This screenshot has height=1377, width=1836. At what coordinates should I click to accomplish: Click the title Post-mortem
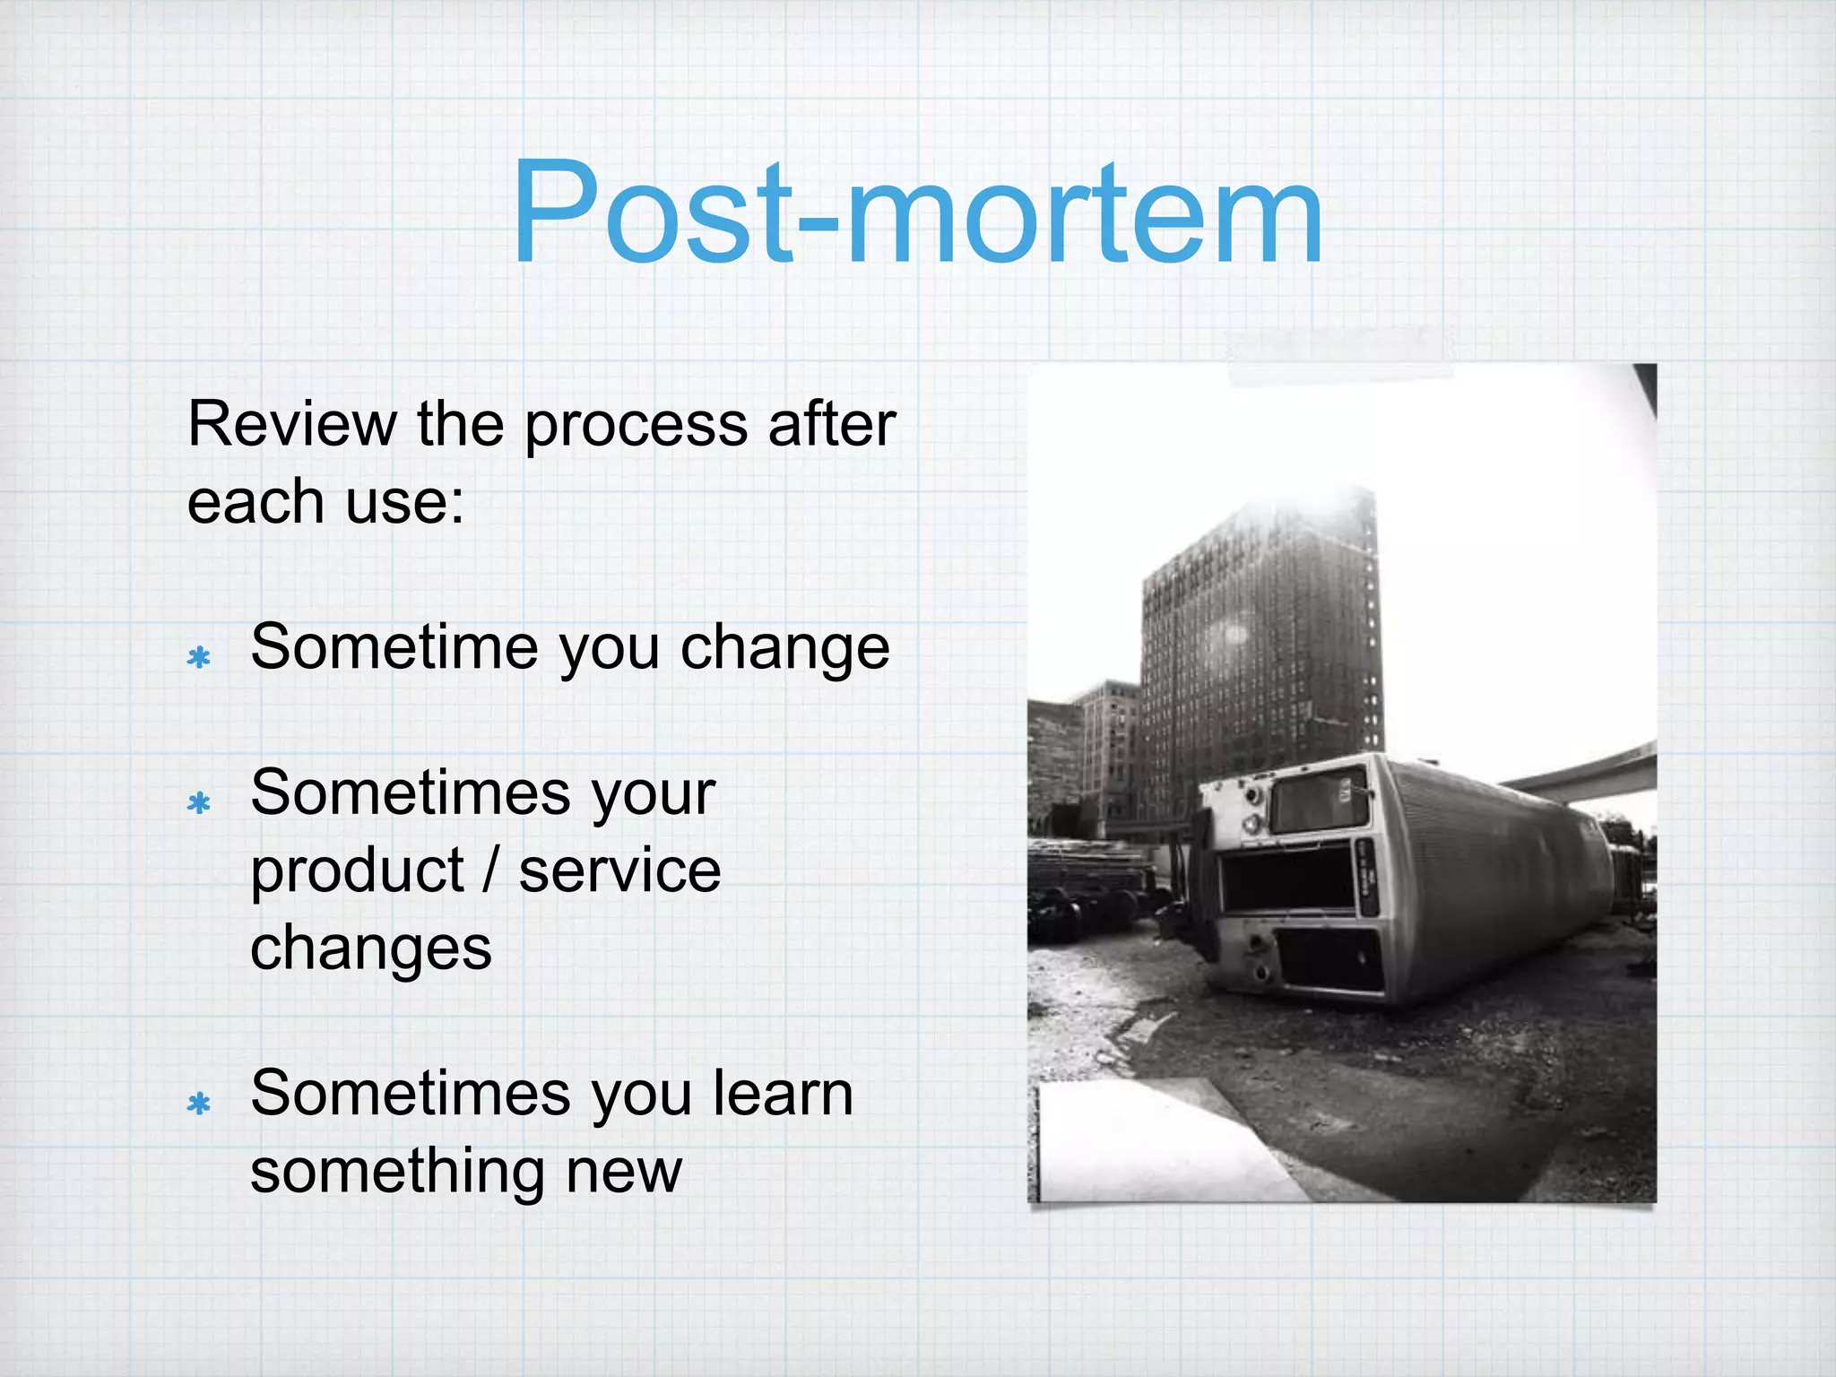click(x=916, y=215)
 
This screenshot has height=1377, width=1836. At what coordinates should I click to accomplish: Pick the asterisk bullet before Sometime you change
click(x=198, y=658)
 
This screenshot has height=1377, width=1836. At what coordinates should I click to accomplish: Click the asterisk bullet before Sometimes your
click(x=198, y=802)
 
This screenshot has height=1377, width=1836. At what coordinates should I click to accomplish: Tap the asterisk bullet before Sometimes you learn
click(x=198, y=1104)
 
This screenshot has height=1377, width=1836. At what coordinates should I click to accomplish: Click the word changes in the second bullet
click(x=370, y=949)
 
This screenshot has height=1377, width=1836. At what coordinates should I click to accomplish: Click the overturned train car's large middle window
click(x=1287, y=879)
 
